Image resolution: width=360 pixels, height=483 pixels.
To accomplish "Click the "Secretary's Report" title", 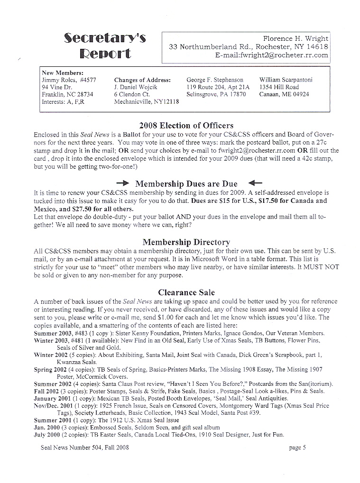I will pos(105,46).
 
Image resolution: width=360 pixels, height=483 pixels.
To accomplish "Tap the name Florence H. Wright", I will pos(295,38).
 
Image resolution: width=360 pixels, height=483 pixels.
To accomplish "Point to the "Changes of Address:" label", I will pos(142,80).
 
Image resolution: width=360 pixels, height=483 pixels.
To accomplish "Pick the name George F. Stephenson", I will pos(215,80).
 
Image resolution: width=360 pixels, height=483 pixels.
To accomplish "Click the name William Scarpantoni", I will pos(286,80).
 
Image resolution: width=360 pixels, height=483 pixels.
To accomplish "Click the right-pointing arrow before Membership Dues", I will pos(122,183).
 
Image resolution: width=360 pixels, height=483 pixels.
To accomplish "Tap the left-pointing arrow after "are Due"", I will pos(255,183).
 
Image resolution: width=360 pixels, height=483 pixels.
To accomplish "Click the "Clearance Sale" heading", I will pos(180,292).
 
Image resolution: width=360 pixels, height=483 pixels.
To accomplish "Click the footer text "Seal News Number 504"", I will pos(72,447).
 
